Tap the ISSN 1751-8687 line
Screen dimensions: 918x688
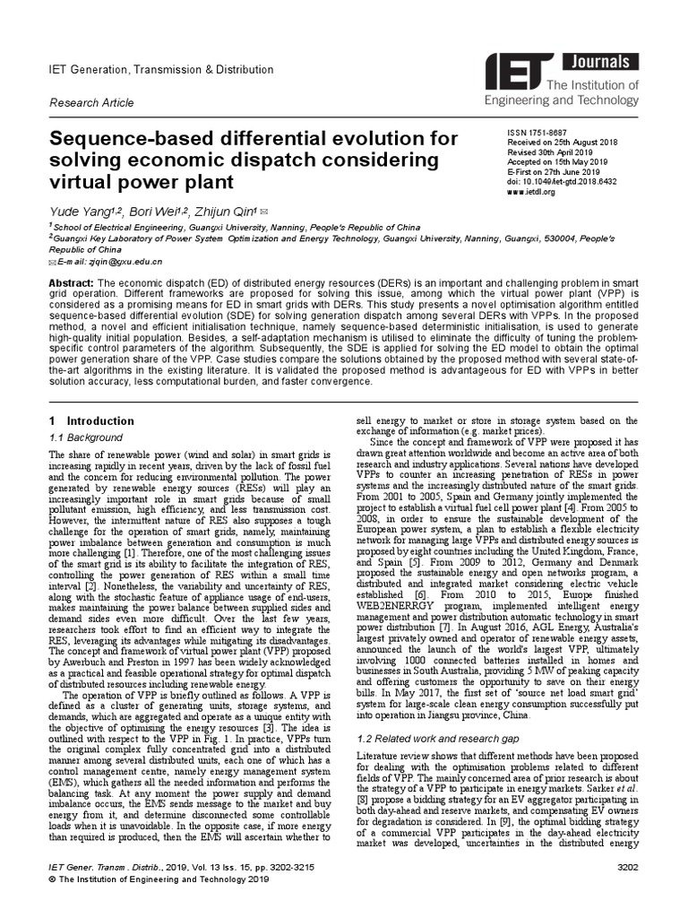[537, 132]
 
